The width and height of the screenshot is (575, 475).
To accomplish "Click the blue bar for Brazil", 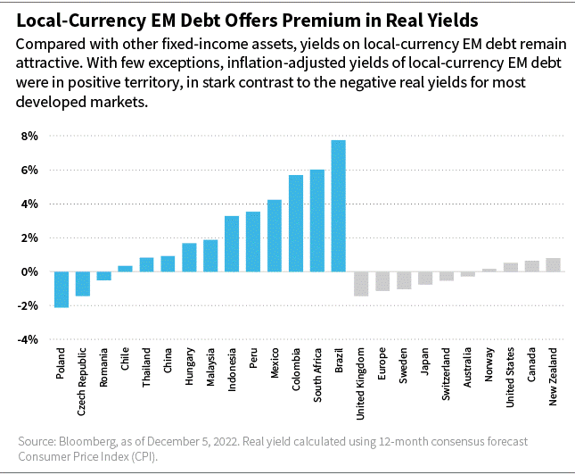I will point(339,206).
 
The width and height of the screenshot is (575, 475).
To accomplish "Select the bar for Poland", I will point(62,289).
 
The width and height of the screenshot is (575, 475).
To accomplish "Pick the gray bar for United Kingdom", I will point(361,283).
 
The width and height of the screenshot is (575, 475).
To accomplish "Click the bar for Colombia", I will point(296,223).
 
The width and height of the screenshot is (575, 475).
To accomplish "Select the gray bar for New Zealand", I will point(553,264).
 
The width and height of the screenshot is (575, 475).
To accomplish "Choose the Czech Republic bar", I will point(83,283).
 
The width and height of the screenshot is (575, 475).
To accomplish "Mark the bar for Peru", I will point(253,242).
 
